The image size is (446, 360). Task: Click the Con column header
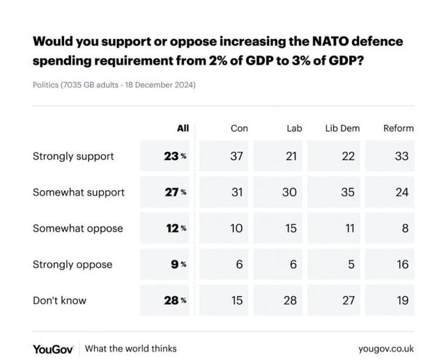pyautogui.click(x=239, y=128)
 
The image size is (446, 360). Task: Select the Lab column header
pyautogui.click(x=294, y=128)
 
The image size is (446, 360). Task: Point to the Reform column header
pyautogui.click(x=399, y=128)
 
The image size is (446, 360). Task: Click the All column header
pyautogui.click(x=183, y=128)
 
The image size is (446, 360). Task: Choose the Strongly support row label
pyautogui.click(x=73, y=156)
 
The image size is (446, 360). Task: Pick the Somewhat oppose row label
pyautogui.click(x=77, y=228)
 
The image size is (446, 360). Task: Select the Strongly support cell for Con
pyautogui.click(x=237, y=156)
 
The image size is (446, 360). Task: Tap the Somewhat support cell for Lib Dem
pyautogui.click(x=347, y=192)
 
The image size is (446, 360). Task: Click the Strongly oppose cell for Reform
pyautogui.click(x=401, y=265)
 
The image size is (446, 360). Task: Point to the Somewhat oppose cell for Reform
pyautogui.click(x=401, y=228)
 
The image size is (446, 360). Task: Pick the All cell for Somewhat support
pyautogui.click(x=173, y=192)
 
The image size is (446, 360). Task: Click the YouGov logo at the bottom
pyautogui.click(x=54, y=347)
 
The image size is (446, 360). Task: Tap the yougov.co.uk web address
pyautogui.click(x=386, y=347)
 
